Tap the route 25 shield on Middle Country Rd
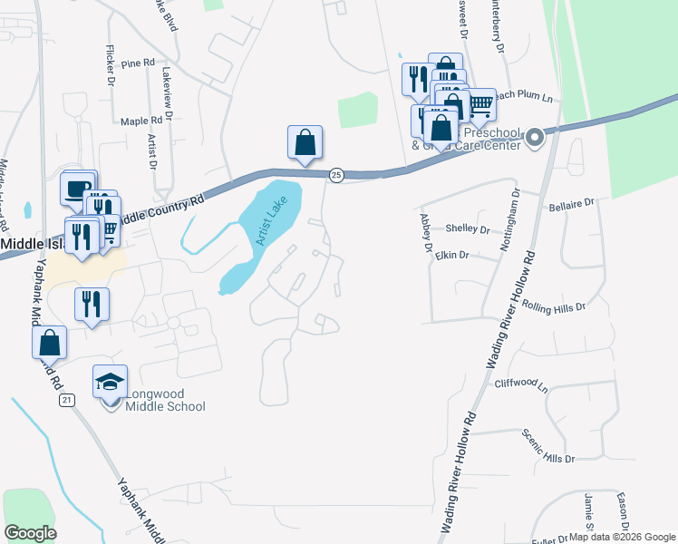pyautogui.click(x=335, y=174)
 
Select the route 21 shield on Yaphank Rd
pyautogui.click(x=66, y=400)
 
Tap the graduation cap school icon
pyautogui.click(x=110, y=382)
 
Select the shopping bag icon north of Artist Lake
pyautogui.click(x=305, y=142)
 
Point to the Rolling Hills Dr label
pyautogui.click(x=555, y=306)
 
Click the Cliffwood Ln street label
pyautogui.click(x=521, y=384)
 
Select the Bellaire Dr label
pyautogui.click(x=570, y=206)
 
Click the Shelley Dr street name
pyautogui.click(x=468, y=229)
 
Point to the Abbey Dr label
pyautogui.click(x=424, y=233)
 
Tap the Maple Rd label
pyautogui.click(x=141, y=120)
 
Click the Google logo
pyautogui.click(x=31, y=533)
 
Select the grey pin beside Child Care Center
pyautogui.click(x=534, y=139)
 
